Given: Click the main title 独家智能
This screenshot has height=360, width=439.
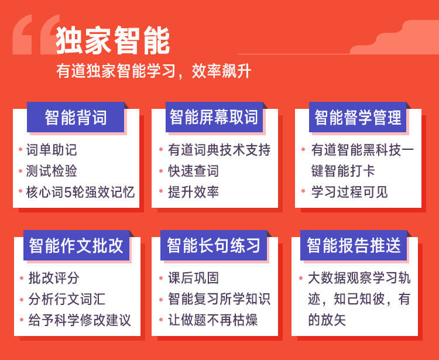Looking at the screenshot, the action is coord(113,40).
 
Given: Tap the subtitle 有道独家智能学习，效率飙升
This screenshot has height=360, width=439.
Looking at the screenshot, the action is coord(154,71).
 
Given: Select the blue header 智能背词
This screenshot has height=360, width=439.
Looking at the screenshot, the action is coord(76,117).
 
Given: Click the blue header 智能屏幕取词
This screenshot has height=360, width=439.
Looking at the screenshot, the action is coord(214,117).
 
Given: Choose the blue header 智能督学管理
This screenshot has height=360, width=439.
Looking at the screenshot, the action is coord(358,117).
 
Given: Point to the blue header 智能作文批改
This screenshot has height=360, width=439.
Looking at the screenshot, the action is coord(76,245).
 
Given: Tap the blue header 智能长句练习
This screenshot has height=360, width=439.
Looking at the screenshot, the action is coord(214,245).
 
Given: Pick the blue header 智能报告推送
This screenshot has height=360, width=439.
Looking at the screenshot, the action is coord(354,245).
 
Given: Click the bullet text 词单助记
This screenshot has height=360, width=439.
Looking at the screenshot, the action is coord(52,150).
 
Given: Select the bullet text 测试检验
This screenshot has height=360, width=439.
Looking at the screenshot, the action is coord(52,171).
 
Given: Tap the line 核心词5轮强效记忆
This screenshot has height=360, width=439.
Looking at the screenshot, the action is coord(80,192).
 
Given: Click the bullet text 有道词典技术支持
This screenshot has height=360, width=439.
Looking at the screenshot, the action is coord(220,150).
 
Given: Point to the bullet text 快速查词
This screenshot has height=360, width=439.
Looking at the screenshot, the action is coord(194,171).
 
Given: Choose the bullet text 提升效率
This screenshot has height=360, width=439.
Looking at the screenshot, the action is coord(194,192).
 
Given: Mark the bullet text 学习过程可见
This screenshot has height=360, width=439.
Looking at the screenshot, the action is coord(349,192).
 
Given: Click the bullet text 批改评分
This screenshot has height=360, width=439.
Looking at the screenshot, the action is coord(54,278).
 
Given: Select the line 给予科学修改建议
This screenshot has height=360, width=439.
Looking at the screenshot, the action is coord(80,320).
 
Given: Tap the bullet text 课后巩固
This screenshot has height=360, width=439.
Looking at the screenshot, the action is coord(194,278).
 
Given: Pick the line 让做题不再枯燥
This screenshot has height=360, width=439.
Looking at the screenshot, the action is coord(213,320).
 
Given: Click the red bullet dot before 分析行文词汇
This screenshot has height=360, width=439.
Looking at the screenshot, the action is coord(22,299).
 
